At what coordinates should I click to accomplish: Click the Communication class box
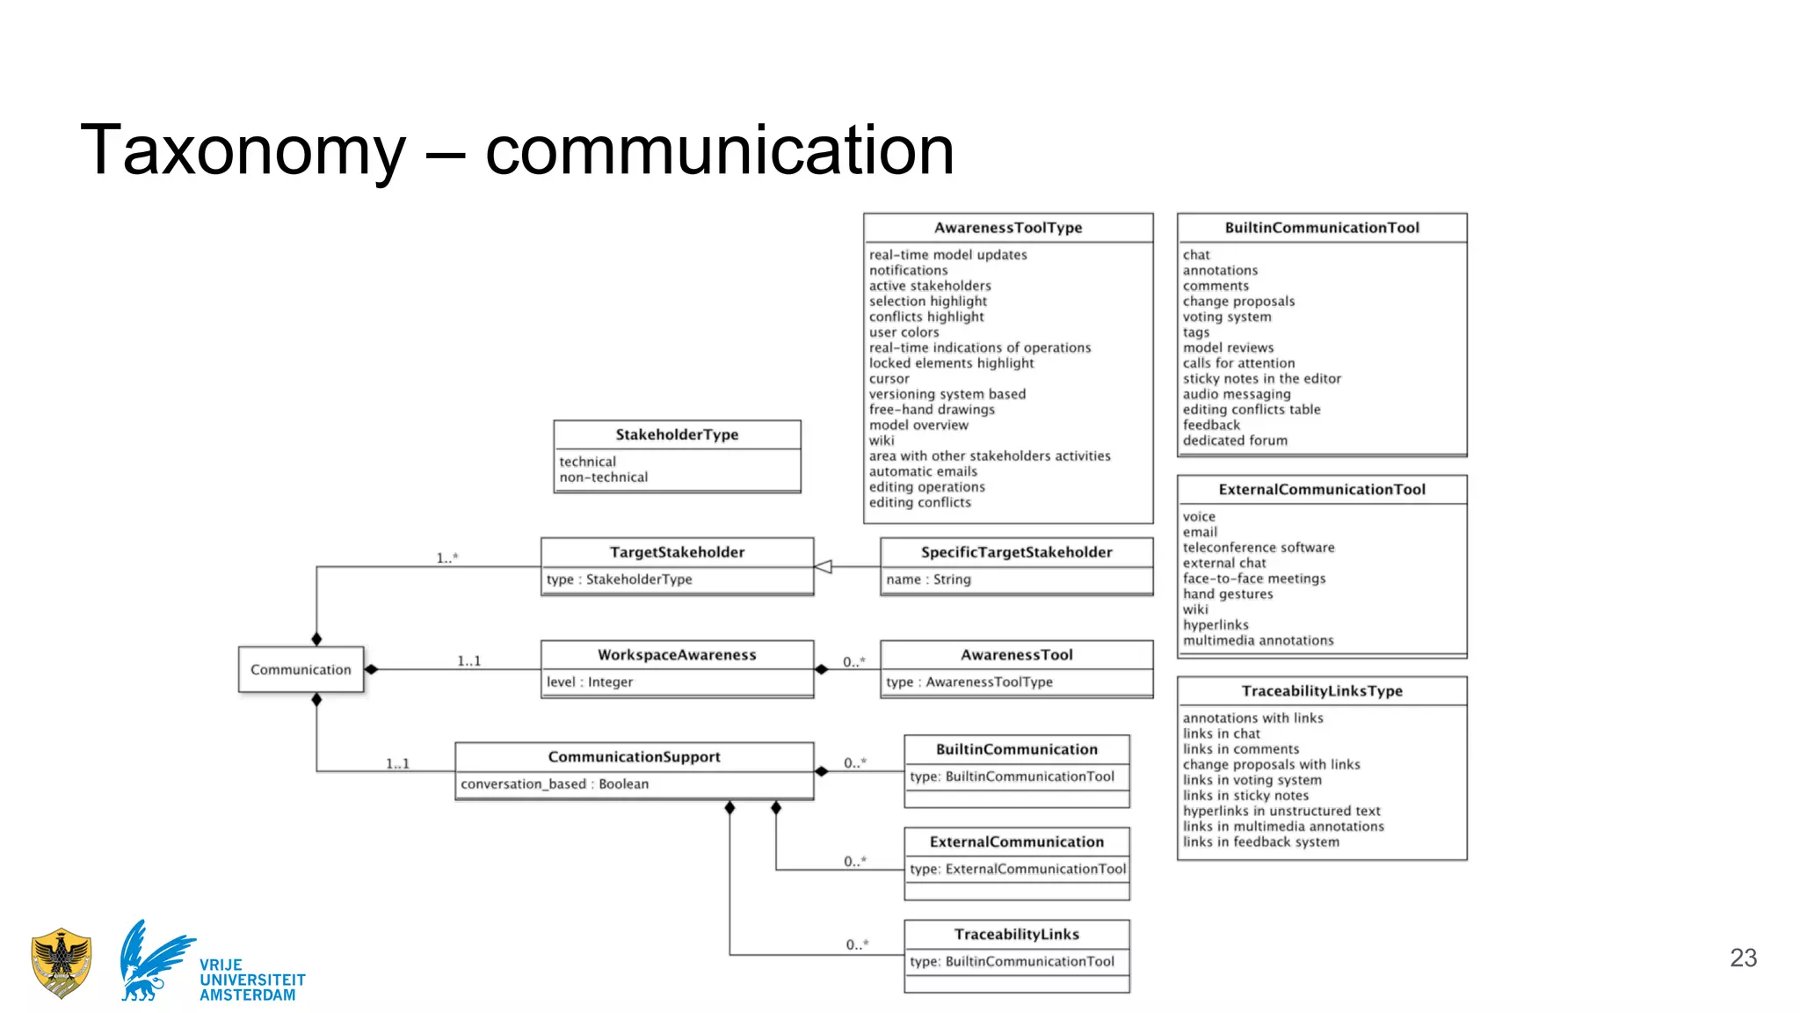[301, 670]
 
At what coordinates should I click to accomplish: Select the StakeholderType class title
[677, 434]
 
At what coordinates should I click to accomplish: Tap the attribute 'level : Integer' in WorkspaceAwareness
[590, 682]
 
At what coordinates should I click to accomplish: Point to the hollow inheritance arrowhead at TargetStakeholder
[824, 567]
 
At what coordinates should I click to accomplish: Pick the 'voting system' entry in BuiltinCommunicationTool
[1226, 317]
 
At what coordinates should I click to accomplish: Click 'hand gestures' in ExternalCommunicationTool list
[1227, 594]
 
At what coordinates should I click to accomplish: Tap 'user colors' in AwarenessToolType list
[904, 332]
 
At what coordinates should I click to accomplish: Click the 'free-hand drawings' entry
[932, 410]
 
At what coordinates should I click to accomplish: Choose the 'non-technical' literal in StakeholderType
[603, 477]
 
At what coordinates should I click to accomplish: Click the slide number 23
[1743, 958]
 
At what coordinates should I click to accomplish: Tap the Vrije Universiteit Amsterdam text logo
[251, 980]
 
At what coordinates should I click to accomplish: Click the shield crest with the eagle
[61, 963]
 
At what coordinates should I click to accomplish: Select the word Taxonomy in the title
[243, 150]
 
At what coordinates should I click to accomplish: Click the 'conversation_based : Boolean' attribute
[555, 784]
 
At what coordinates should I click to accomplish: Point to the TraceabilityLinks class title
[1016, 935]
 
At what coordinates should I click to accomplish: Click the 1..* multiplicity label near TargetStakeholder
[446, 558]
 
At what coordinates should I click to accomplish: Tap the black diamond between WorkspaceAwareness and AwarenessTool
[821, 670]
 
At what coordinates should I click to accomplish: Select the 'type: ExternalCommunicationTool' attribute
[1017, 870]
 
